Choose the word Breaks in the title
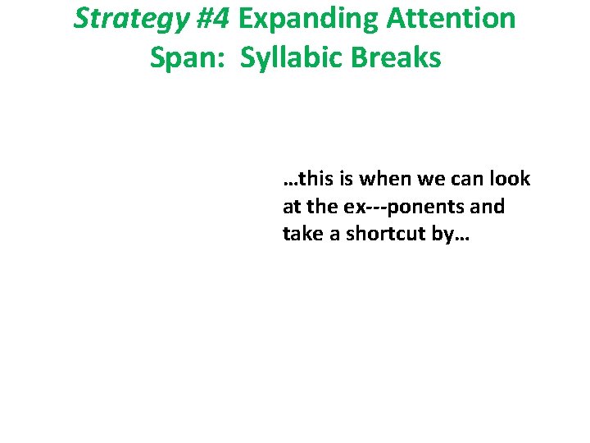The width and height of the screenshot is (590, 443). coord(400,58)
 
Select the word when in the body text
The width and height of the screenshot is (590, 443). coord(386,179)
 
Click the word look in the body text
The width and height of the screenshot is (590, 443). coord(511,179)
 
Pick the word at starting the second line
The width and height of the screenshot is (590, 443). coord(292,207)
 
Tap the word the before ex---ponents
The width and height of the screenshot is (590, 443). coord(321,207)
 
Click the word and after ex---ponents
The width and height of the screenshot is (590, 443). coord(488,207)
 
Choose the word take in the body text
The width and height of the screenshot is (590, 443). coord(302,234)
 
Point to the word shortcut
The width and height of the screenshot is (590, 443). coord(383,234)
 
